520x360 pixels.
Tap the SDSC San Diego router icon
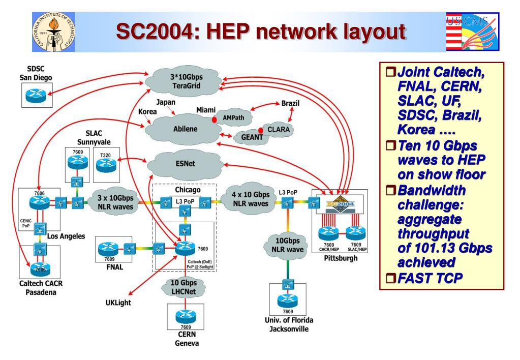(x=36, y=94)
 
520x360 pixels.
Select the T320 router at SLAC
(x=107, y=163)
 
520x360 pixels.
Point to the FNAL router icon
(x=107, y=249)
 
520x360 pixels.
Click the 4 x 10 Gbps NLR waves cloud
(x=248, y=199)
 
